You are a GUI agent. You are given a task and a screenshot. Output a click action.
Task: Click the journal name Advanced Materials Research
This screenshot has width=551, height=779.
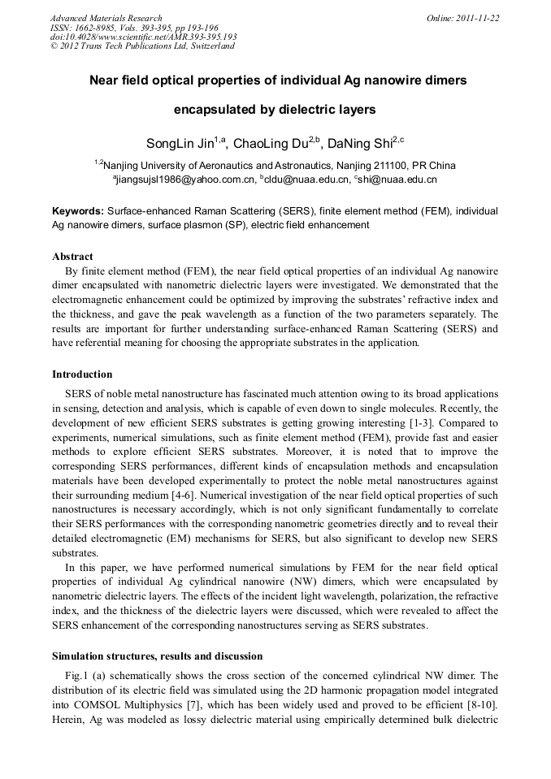[x=106, y=18]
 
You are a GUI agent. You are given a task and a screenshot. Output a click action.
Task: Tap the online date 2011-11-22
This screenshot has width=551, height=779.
[x=479, y=18]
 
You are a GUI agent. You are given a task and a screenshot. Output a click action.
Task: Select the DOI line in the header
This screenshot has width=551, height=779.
[x=144, y=37]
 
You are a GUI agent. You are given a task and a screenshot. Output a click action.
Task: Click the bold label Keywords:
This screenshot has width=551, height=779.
[x=78, y=210]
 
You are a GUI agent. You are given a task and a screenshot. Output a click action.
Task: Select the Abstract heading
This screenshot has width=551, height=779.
[x=72, y=257]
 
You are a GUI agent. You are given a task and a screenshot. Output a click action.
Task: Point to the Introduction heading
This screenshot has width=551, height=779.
[x=82, y=374]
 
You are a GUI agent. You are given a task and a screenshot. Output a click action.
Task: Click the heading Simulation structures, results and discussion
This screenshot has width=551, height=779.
[x=157, y=655]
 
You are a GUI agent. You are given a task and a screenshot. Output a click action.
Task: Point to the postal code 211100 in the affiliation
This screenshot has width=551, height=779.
[x=384, y=165]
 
